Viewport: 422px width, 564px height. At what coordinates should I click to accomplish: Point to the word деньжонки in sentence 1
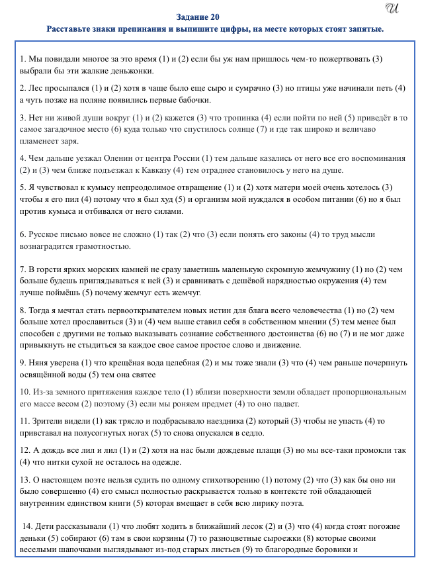[x=134, y=71]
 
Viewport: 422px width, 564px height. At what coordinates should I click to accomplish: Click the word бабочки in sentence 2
[x=195, y=100]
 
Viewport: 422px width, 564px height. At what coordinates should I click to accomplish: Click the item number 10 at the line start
[x=24, y=392]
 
